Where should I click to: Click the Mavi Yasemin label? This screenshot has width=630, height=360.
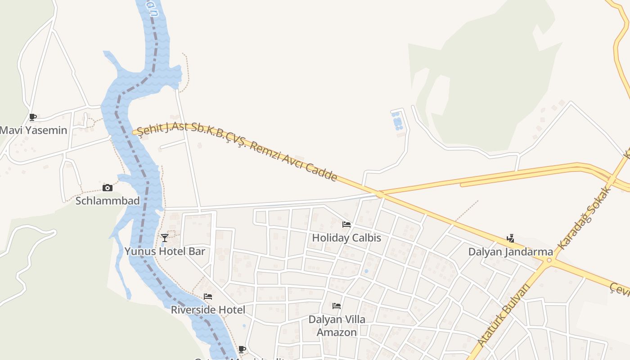point(33,130)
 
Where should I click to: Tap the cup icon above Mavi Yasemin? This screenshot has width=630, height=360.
point(32,117)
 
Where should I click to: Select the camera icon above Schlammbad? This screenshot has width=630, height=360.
point(107,188)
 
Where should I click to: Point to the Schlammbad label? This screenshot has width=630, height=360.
point(108,201)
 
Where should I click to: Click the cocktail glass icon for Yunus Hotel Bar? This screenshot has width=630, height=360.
point(165,238)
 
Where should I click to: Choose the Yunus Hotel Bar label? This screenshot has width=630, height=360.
point(165,251)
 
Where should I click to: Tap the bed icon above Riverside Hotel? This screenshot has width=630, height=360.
point(207,297)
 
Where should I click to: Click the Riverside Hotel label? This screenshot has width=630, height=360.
point(208,310)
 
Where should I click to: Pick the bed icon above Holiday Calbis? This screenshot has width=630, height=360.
point(346,224)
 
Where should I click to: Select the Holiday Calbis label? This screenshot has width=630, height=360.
point(346,238)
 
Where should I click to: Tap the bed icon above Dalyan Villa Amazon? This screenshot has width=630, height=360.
point(336,306)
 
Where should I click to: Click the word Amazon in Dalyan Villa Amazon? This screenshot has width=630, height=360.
point(337,333)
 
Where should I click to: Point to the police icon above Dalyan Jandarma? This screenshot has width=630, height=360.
point(510,238)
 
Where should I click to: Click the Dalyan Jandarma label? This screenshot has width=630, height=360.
point(510,252)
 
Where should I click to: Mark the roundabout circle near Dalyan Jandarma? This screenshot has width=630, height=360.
point(549,260)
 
